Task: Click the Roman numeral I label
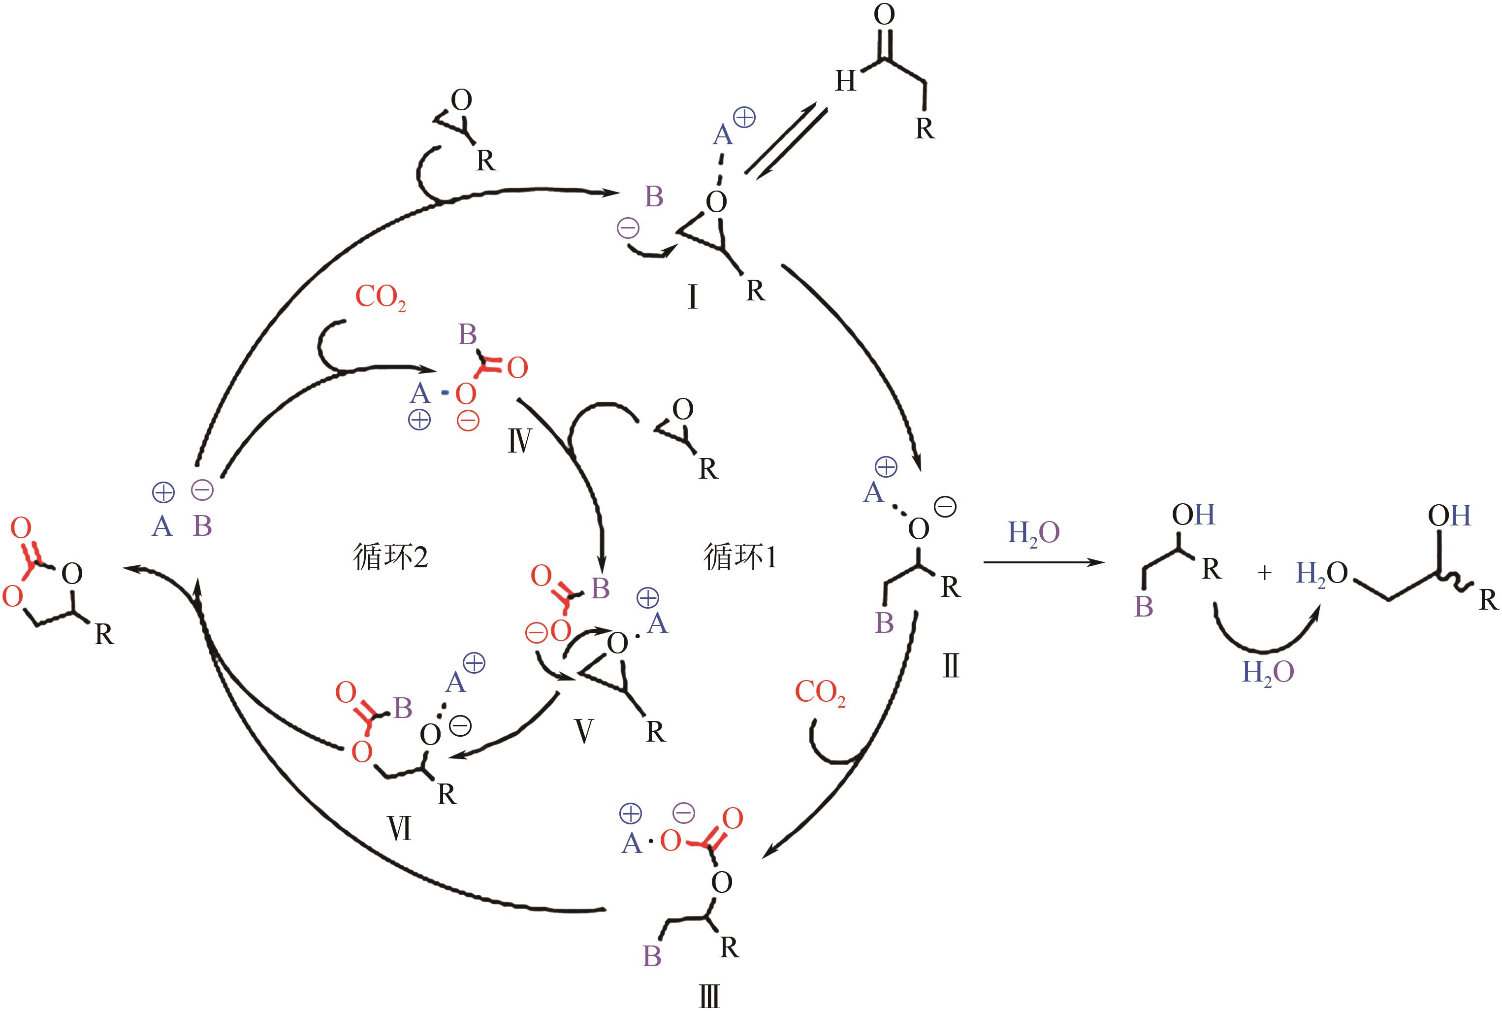(x=692, y=297)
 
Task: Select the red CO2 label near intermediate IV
(x=381, y=298)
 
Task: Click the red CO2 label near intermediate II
(x=819, y=692)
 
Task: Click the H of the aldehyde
(x=845, y=82)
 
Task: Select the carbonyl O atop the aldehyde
(x=884, y=14)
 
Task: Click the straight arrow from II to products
(x=1044, y=563)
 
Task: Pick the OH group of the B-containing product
(x=1192, y=515)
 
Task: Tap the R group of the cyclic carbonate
(x=104, y=634)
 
